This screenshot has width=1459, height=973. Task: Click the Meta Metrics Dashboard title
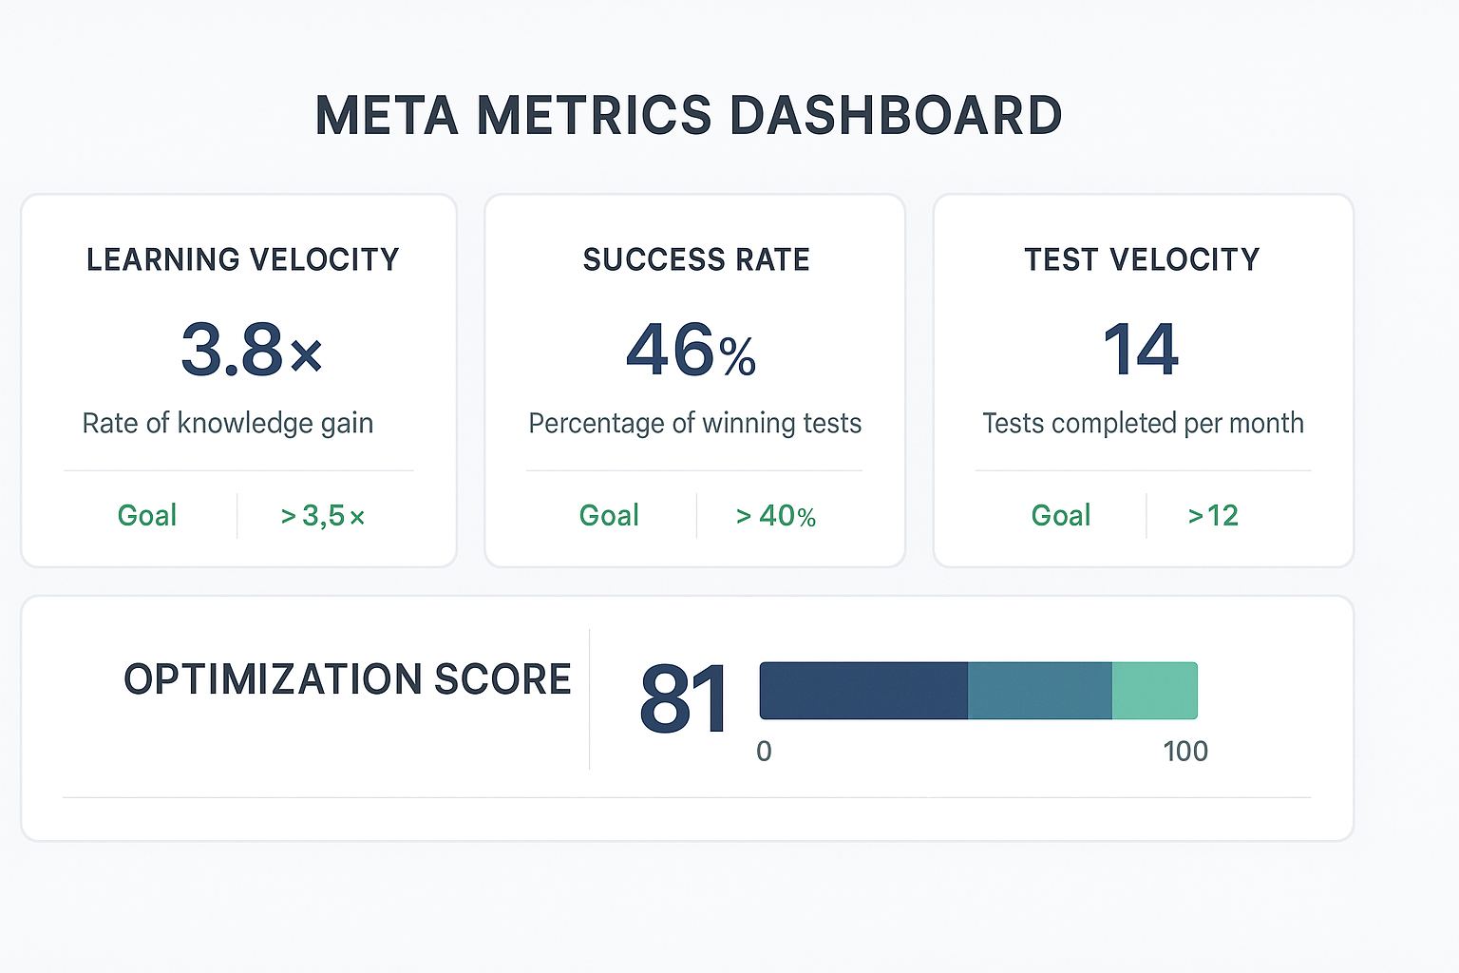click(x=689, y=116)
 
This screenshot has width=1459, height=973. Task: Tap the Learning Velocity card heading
click(x=243, y=259)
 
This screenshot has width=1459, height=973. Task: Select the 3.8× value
click(x=252, y=350)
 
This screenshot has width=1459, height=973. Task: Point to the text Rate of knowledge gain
click(x=228, y=423)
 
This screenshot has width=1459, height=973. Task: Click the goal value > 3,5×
click(x=323, y=516)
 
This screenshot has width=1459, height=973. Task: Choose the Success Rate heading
click(x=696, y=259)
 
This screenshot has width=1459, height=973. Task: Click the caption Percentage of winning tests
click(x=695, y=423)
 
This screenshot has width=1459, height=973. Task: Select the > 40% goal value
click(x=776, y=516)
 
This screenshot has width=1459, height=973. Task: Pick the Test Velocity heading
click(x=1142, y=259)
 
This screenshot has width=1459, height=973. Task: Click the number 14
click(x=1141, y=350)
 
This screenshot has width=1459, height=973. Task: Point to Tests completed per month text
click(x=1143, y=423)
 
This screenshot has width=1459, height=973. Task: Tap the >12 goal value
click(x=1213, y=516)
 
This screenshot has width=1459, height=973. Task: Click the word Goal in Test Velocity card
click(x=1061, y=516)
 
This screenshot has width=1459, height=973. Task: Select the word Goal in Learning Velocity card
click(x=147, y=516)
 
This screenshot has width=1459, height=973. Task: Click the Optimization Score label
click(x=348, y=679)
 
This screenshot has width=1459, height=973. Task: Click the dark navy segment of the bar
click(x=863, y=691)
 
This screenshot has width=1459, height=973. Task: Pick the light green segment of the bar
click(x=1154, y=691)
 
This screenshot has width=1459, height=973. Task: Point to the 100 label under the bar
click(x=1185, y=752)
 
